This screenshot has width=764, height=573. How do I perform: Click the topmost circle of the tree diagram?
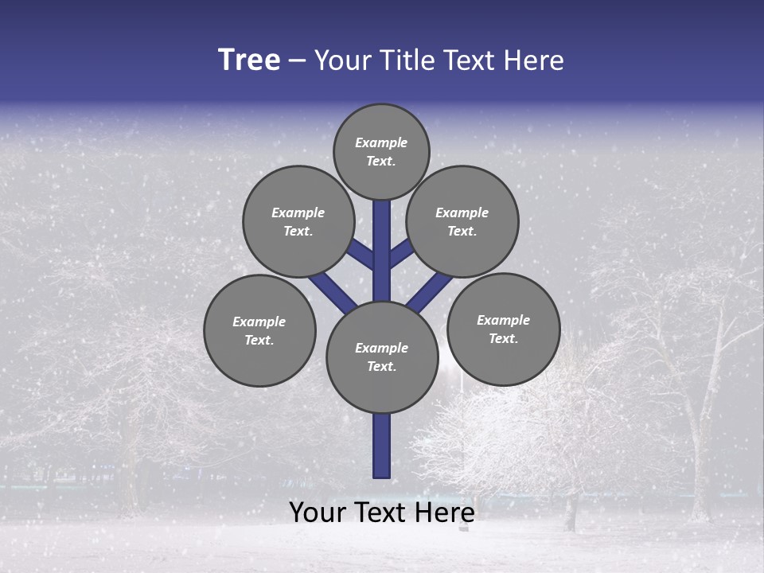381,151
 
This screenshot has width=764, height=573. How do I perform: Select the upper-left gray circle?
298,221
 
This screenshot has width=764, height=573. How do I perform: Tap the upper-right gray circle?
462,221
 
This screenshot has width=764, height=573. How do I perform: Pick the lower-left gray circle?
259,330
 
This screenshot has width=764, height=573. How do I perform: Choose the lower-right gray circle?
504,329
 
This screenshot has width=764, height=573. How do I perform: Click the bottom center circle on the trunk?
382,357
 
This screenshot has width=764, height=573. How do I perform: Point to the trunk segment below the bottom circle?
382,446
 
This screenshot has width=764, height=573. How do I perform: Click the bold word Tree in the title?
249,60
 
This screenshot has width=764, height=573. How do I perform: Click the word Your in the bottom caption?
319,513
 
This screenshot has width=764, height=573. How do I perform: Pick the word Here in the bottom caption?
446,513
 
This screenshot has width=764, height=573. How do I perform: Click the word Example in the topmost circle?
381,142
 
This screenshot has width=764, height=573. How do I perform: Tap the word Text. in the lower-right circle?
503,338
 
